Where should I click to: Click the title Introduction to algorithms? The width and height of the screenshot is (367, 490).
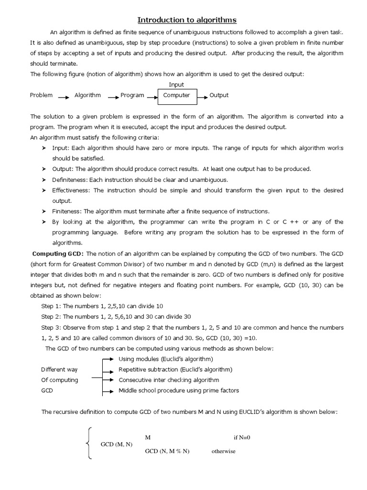click(187, 20)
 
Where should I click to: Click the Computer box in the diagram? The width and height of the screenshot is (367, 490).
click(176, 95)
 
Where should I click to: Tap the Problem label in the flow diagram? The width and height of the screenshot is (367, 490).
click(41, 95)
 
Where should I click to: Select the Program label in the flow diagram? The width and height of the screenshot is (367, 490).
click(132, 95)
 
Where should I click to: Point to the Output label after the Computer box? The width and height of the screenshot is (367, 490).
click(219, 95)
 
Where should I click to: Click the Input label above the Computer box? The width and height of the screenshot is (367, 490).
click(176, 85)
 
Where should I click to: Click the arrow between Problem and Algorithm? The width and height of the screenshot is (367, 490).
click(64, 97)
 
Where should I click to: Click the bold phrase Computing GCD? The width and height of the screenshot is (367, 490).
click(58, 254)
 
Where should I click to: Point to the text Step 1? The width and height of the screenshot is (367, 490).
click(51, 306)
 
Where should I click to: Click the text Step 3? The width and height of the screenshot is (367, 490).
click(51, 327)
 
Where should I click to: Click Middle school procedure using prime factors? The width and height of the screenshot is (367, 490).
click(179, 390)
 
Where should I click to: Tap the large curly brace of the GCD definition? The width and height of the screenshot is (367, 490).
click(88, 444)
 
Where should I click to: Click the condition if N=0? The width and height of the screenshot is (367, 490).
click(242, 437)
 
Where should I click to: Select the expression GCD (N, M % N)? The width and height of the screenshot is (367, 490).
click(167, 451)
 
